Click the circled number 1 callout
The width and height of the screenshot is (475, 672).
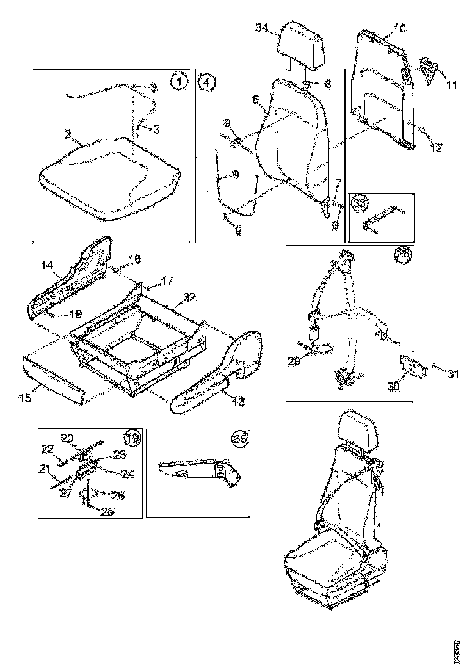(178, 81)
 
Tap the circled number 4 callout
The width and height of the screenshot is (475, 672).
(206, 82)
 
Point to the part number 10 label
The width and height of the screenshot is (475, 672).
(399, 28)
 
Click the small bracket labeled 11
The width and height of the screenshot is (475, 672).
(430, 68)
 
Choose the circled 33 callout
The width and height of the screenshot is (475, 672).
(361, 203)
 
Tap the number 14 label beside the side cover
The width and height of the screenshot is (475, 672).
(47, 265)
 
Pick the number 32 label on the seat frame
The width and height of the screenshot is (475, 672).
(190, 298)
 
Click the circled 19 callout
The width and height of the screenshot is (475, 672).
(132, 437)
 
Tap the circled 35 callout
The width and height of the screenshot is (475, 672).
(239, 438)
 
